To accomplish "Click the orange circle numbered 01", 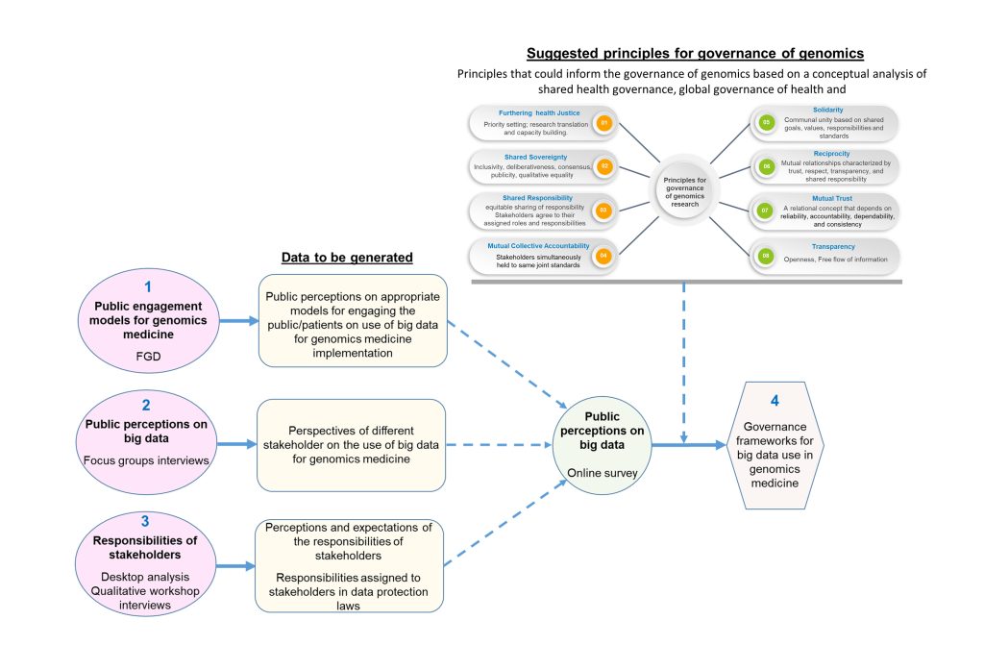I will (x=604, y=124).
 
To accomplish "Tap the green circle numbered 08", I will (x=766, y=256).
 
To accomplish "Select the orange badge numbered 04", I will (x=604, y=256).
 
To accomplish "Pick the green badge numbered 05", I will (x=766, y=123).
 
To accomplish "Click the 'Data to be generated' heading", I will (x=346, y=258).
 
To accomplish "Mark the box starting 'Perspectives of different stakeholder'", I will (x=352, y=444).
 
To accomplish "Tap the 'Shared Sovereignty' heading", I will (x=507, y=157).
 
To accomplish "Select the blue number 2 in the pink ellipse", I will (x=146, y=406).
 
